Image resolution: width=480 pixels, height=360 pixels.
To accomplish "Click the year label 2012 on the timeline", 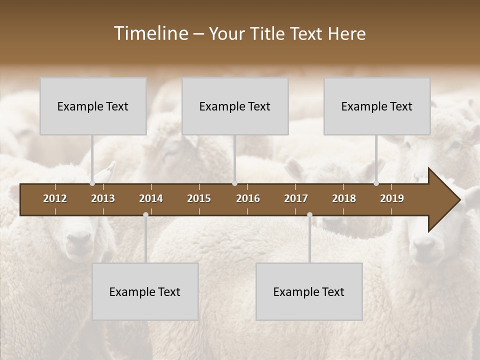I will coord(55,198).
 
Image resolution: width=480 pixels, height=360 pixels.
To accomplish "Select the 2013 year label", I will coord(103,198).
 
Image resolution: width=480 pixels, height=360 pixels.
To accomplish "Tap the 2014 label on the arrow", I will coord(151,198).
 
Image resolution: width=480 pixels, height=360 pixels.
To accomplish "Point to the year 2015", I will coord(199,198).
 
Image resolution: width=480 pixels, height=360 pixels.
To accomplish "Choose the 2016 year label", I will coord(248,198).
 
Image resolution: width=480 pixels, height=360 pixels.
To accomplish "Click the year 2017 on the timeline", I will coord(296,198).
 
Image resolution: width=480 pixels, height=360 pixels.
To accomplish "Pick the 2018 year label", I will coord(344,198).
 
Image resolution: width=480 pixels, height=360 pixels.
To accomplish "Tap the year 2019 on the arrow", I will coord(392,198).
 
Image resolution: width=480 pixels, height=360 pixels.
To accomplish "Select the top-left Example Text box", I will coord(93,106).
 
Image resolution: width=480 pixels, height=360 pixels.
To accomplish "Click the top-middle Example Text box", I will coord(235,106).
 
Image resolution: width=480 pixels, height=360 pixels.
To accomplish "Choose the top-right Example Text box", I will coord(377,106).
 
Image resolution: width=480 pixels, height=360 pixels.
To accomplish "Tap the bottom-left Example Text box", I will coord(145,292).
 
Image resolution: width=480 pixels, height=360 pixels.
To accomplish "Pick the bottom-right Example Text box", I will coord(309,292).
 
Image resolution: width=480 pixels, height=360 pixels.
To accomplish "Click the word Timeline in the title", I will coord(150,33).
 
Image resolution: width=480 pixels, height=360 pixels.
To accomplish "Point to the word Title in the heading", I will coord(266,33).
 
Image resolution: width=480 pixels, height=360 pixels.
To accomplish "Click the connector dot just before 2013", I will coord(92,183).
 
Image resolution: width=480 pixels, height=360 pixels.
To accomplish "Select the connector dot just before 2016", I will coord(234,183).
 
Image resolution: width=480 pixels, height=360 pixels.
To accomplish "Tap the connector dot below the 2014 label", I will coord(145,215).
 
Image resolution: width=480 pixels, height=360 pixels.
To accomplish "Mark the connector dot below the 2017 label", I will coord(309,215).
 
